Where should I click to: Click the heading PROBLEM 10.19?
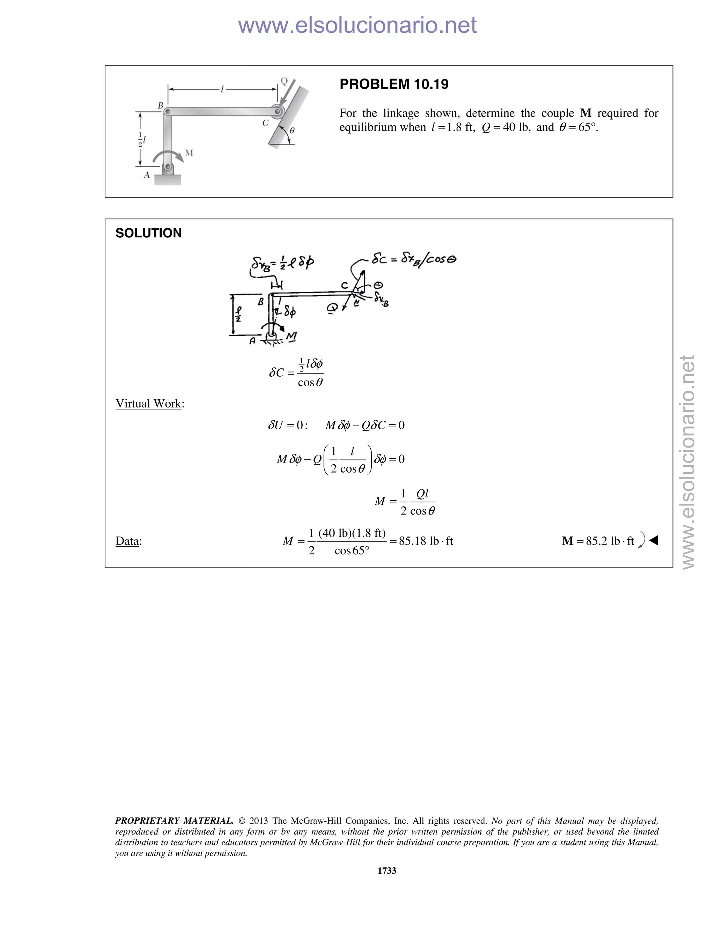click(393, 84)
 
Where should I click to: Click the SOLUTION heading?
click(148, 233)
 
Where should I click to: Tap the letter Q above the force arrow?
click(284, 81)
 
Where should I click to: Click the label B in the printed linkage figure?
click(161, 105)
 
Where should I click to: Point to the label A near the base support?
click(147, 175)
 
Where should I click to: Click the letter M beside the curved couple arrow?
click(189, 153)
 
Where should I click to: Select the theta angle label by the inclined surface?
click(292, 131)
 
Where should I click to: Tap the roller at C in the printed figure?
click(278, 112)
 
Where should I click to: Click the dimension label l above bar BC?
click(222, 89)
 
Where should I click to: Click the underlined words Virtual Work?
click(148, 404)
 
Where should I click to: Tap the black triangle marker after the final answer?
click(654, 540)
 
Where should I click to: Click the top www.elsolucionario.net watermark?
click(357, 25)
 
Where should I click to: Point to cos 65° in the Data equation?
click(352, 550)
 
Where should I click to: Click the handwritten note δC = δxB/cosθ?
click(413, 258)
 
